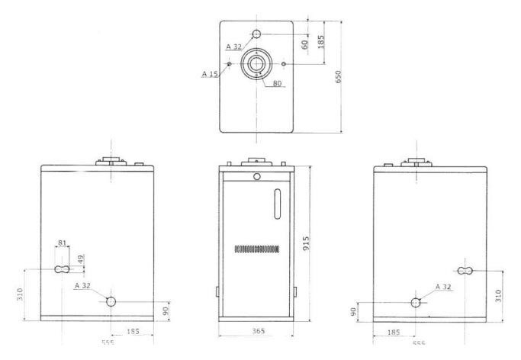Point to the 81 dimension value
pos(63,243)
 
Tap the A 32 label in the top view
pos(235,47)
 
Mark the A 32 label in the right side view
pos(443,286)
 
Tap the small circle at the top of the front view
pos(257,177)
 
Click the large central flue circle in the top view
pos(257,63)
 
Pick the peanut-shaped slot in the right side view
pos(465,270)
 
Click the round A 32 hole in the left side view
pos(111,301)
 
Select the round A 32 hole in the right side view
pos(416,302)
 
